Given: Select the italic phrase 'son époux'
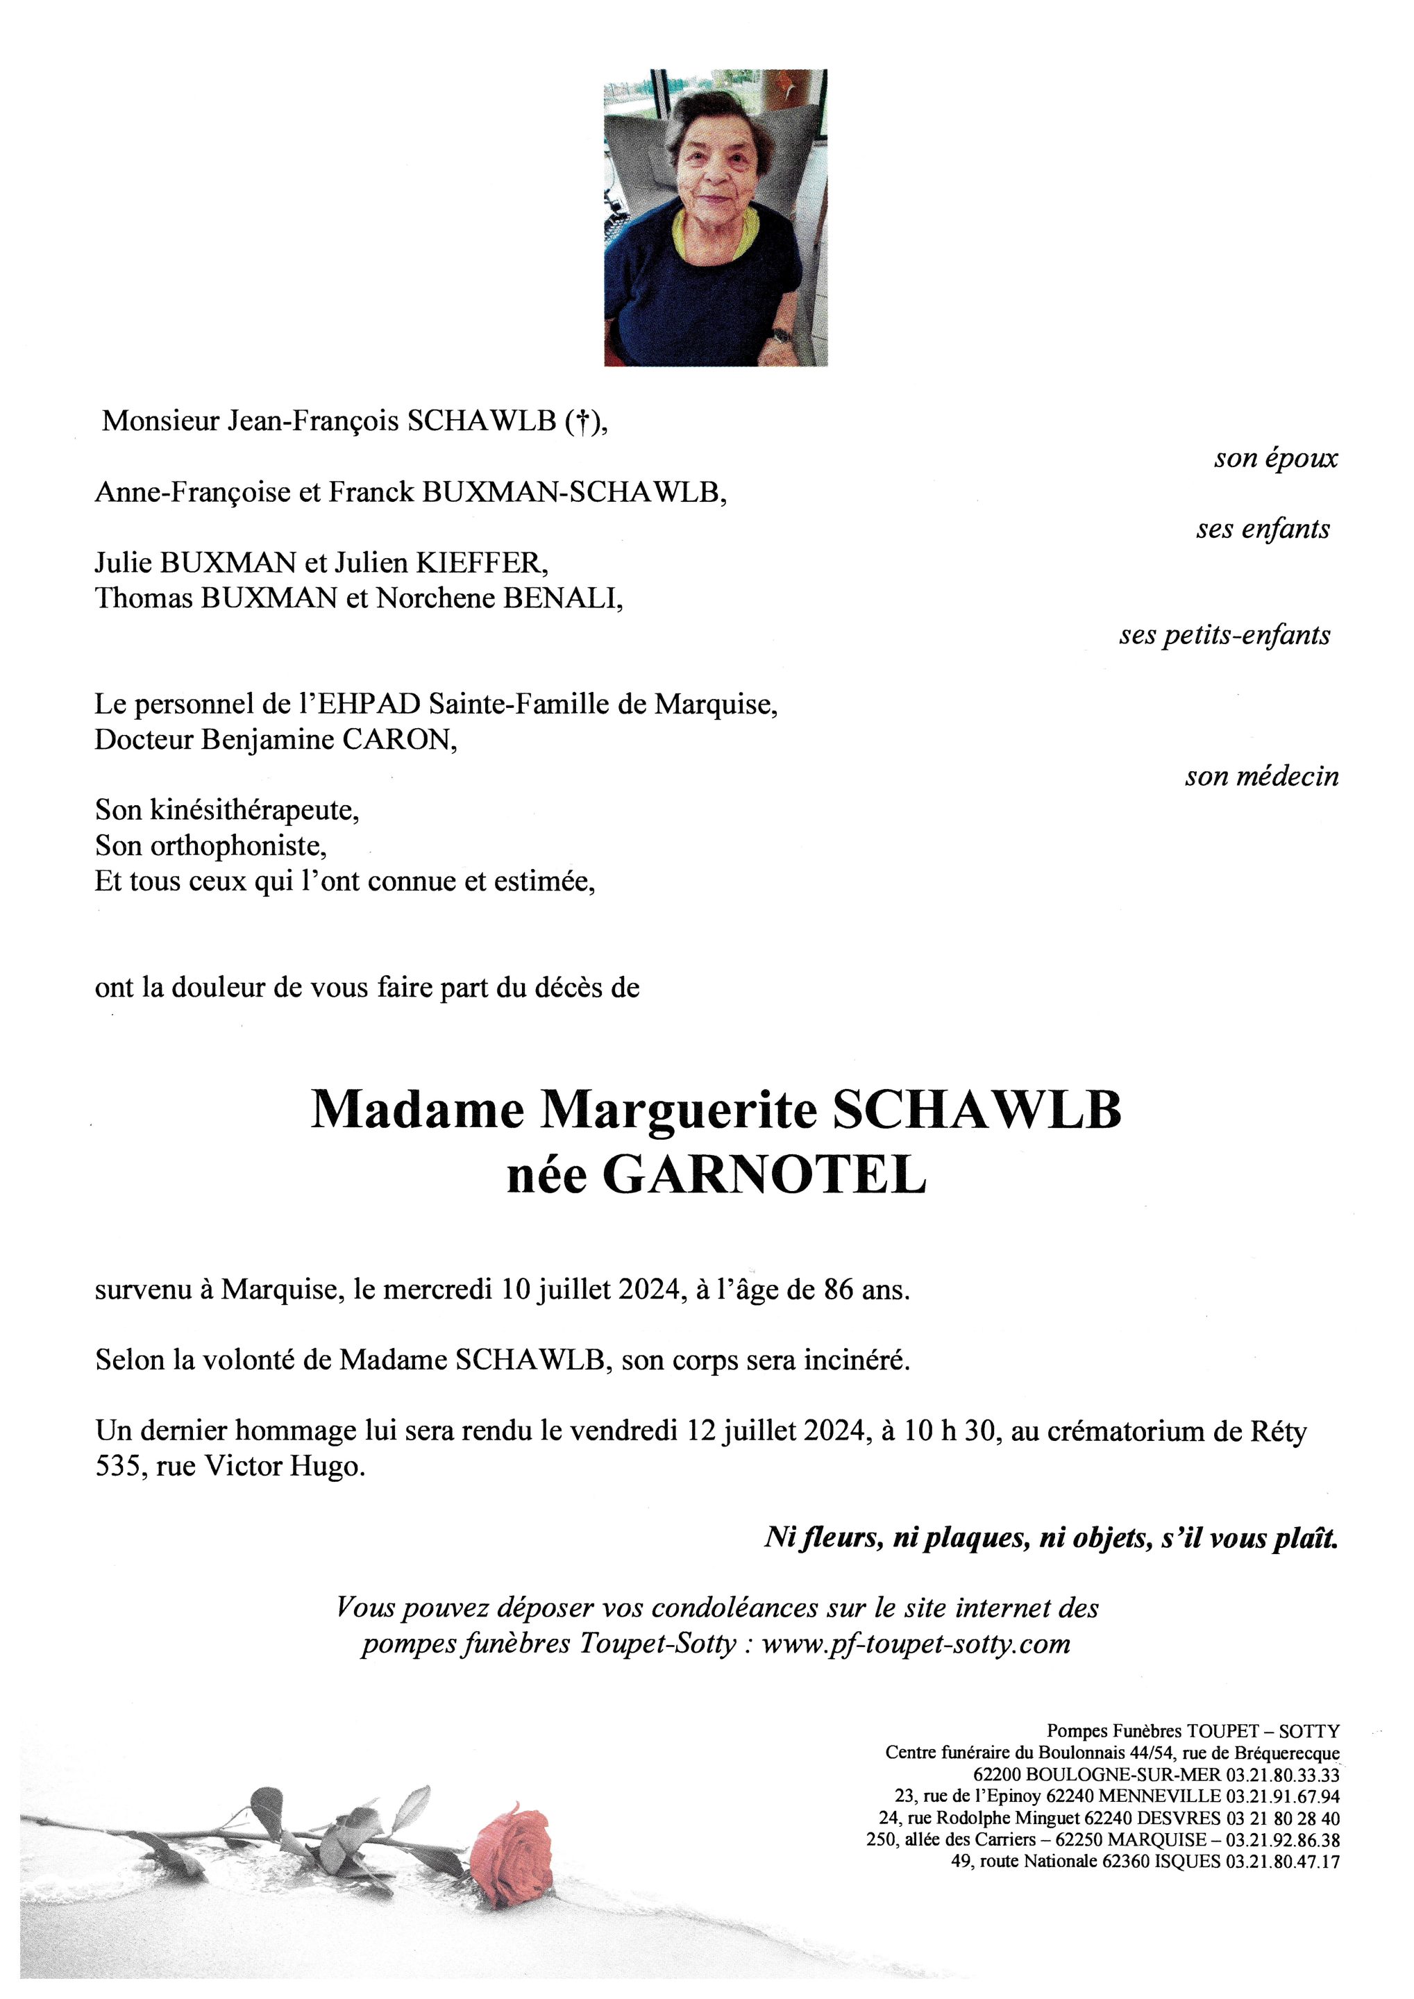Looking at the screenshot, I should [x=1276, y=459].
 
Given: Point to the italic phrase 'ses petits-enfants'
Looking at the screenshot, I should [x=1224, y=634].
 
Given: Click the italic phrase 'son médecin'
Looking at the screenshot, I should [x=1261, y=777].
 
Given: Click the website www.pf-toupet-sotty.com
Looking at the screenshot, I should [x=915, y=1644].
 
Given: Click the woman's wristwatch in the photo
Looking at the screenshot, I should [x=781, y=335].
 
